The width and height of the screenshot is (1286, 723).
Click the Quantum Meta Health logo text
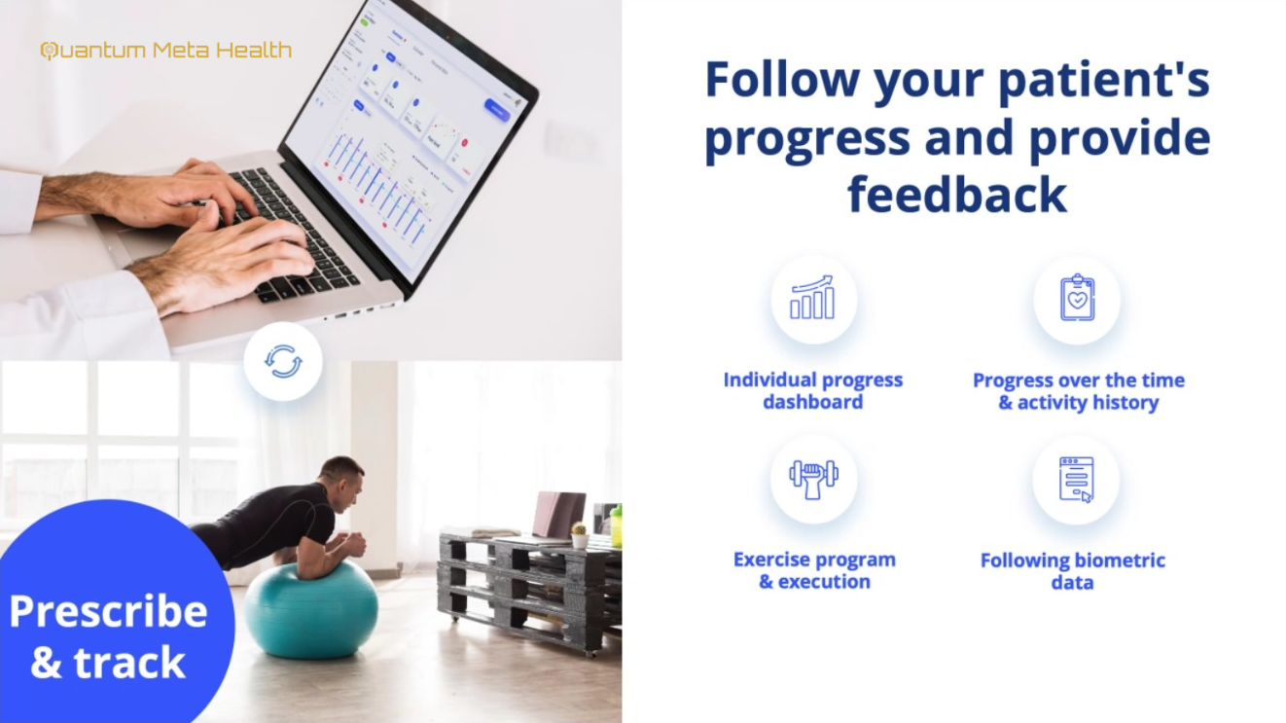(x=165, y=51)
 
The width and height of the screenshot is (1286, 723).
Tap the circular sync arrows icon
(x=283, y=362)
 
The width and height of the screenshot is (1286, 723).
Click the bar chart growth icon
(x=813, y=299)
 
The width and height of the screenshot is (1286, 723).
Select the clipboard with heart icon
(x=1077, y=299)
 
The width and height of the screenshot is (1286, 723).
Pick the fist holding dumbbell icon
(x=813, y=479)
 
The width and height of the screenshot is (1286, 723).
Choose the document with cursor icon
(x=1076, y=479)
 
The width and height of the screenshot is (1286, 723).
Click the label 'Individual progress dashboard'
(x=813, y=390)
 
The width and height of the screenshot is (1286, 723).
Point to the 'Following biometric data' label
(x=1072, y=571)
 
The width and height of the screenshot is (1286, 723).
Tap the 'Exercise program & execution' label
(x=814, y=570)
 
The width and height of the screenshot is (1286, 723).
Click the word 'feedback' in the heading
(x=957, y=194)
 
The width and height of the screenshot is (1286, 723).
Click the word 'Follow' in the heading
(x=782, y=80)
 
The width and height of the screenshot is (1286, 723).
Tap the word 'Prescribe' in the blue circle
(x=108, y=611)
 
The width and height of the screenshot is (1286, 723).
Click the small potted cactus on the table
(x=580, y=535)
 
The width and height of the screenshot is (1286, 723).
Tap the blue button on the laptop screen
(x=496, y=110)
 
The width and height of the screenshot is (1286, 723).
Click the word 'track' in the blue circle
(x=129, y=664)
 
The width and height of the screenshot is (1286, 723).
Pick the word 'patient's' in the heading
(x=1105, y=80)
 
